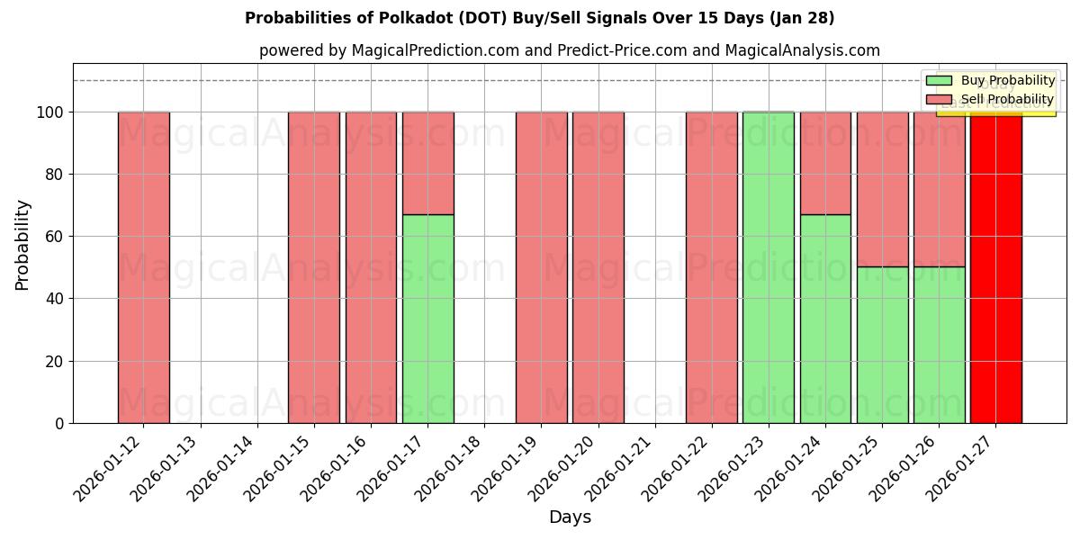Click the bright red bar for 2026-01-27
click(x=995, y=270)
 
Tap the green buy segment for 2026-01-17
click(x=427, y=319)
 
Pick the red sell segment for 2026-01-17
click(x=427, y=163)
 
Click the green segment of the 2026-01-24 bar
click(x=825, y=319)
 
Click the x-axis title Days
click(x=570, y=517)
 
